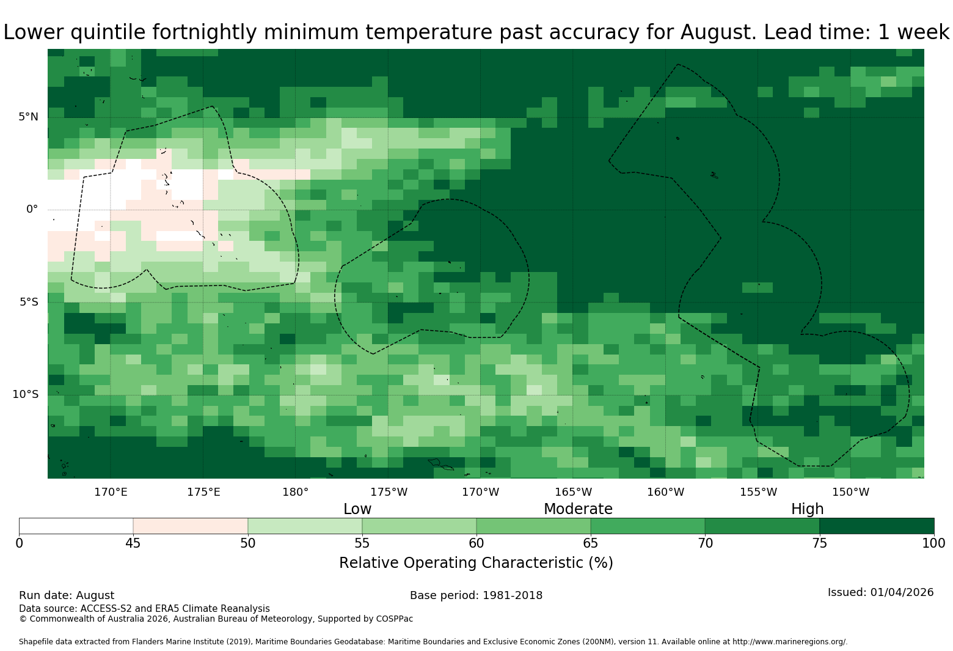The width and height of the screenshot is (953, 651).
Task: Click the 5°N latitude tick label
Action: coord(28,117)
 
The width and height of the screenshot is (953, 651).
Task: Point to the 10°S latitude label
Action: coord(25,394)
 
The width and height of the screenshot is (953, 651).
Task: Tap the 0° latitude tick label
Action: coord(32,209)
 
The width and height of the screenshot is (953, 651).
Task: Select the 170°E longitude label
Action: coord(111,492)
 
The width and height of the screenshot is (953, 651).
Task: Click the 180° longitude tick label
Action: coord(295,492)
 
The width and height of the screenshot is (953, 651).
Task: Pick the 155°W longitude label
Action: coord(758,492)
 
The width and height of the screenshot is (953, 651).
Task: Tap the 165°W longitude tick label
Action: coord(573,492)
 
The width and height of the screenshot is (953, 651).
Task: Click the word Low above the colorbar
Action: coord(357,509)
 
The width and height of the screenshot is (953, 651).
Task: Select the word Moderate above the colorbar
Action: coord(578,509)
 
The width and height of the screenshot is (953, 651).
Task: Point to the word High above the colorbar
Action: coord(807,509)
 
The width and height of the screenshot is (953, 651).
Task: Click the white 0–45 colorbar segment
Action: coord(76,526)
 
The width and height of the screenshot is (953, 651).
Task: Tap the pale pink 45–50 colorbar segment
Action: coord(191,526)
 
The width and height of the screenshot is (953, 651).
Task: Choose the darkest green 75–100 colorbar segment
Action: coord(877,526)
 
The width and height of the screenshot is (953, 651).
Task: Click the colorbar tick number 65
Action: coord(591,543)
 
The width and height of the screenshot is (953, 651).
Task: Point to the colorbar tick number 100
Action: coord(934,543)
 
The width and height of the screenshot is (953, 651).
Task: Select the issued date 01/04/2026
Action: coord(902,592)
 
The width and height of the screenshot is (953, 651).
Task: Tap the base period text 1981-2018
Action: coord(512,595)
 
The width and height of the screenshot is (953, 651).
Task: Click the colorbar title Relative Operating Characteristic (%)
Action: coord(476,563)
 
